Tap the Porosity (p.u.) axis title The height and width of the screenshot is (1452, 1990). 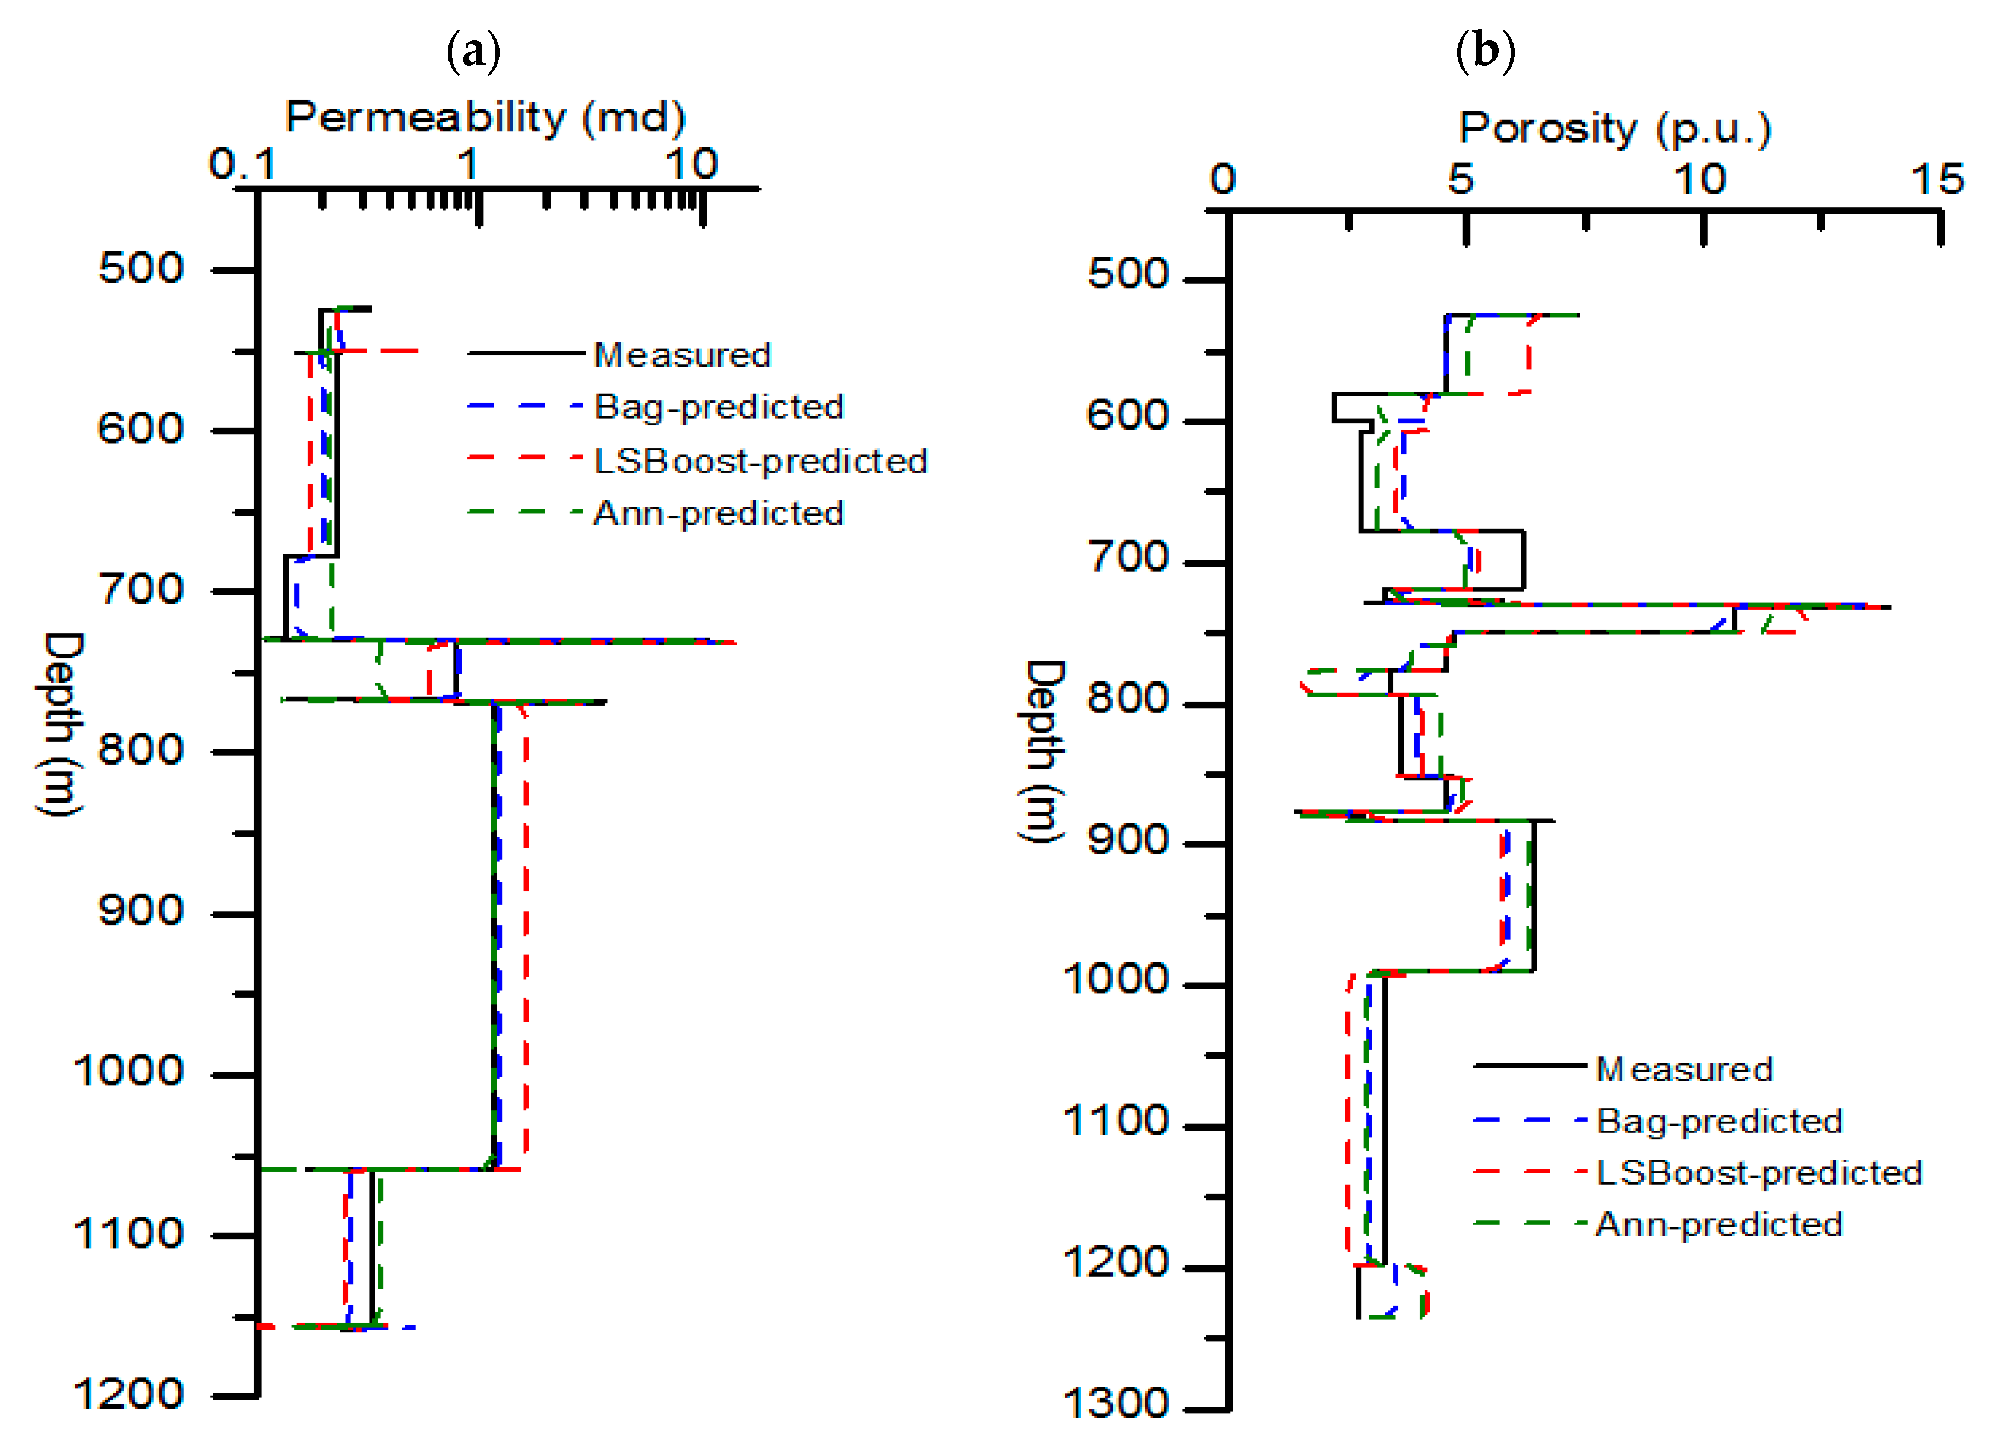pyautogui.click(x=1615, y=129)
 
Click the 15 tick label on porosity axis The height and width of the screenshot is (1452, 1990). pyautogui.click(x=1937, y=179)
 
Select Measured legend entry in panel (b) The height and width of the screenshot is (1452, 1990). pyautogui.click(x=1684, y=1069)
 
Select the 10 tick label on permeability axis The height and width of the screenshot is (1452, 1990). pyautogui.click(x=691, y=165)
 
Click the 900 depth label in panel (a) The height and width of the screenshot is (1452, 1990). pyautogui.click(x=141, y=911)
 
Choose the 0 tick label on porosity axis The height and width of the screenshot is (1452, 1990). pyautogui.click(x=1223, y=179)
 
